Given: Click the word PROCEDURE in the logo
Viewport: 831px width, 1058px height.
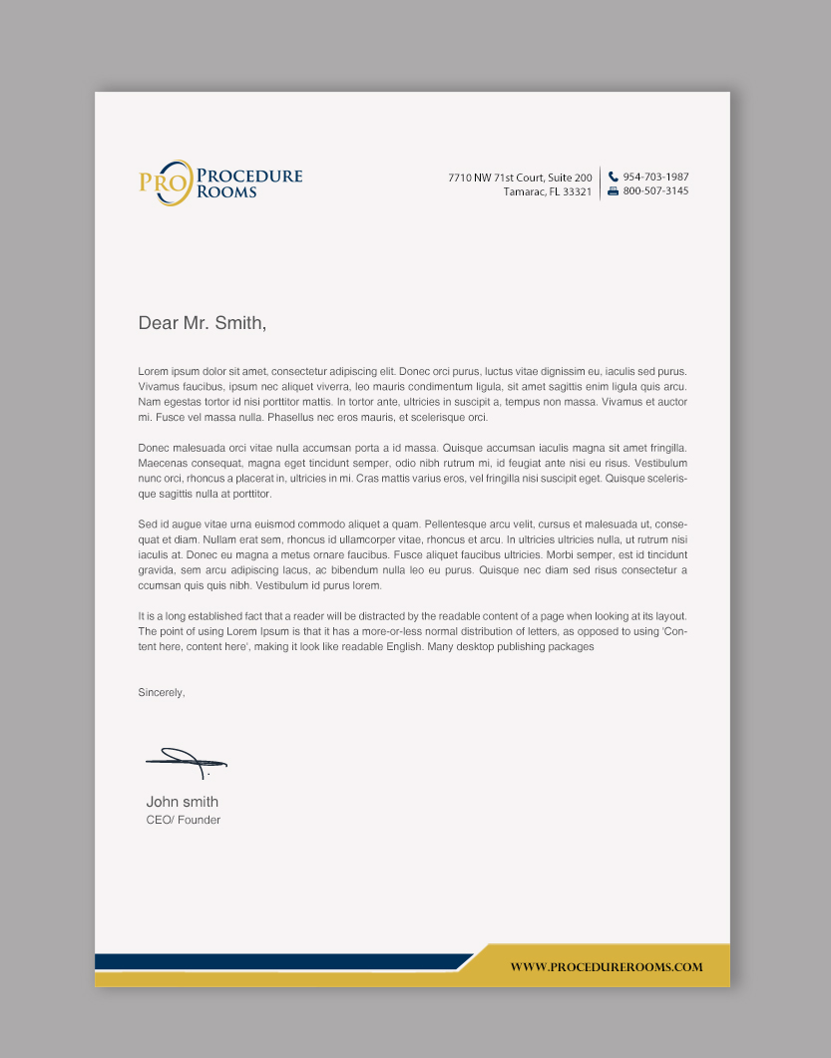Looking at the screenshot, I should pyautogui.click(x=249, y=176).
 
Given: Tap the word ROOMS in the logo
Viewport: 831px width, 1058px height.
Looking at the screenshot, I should pyautogui.click(x=226, y=191).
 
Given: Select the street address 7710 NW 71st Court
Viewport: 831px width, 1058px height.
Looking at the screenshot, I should pyautogui.click(x=520, y=177).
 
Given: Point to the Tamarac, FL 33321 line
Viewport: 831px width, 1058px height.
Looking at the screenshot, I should pyautogui.click(x=548, y=191).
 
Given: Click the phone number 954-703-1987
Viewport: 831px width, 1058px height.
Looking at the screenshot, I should pyautogui.click(x=655, y=176).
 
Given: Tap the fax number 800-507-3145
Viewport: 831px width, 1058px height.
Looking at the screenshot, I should pyautogui.click(x=655, y=190).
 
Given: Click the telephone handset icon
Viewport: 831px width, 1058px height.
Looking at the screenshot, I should pyautogui.click(x=614, y=176).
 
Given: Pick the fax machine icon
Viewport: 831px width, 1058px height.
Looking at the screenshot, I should pyautogui.click(x=614, y=190).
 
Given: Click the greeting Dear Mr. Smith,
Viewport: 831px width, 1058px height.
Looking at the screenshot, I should pyautogui.click(x=203, y=323).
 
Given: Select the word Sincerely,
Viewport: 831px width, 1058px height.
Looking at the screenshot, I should pyautogui.click(x=162, y=692).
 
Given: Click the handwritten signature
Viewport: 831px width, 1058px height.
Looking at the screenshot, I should pyautogui.click(x=187, y=763).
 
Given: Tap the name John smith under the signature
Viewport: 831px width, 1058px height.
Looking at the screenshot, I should pyautogui.click(x=182, y=802).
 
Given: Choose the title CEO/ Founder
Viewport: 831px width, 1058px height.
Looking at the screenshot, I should pyautogui.click(x=183, y=820).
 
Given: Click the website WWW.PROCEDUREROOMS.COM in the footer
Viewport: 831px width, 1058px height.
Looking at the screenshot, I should pyautogui.click(x=607, y=966).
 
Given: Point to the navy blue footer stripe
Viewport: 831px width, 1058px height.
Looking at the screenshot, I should pyautogui.click(x=279, y=961).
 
